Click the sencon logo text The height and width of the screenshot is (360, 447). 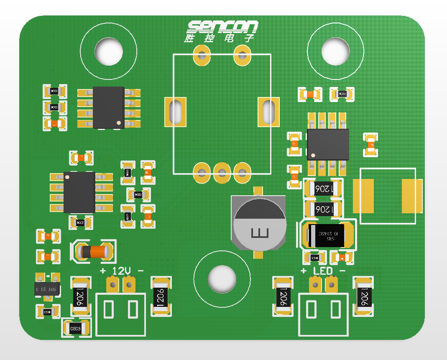point(222,27)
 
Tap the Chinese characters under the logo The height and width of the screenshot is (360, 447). point(219,38)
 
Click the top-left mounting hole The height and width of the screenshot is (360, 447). point(108,51)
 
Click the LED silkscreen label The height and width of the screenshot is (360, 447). point(323,271)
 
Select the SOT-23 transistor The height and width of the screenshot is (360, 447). point(46,289)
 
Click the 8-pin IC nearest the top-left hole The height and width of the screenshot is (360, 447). point(108,107)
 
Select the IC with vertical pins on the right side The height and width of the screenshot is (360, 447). point(328,144)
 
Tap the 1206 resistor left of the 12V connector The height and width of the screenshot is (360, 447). point(80,297)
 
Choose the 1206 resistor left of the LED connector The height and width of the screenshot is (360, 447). point(283,297)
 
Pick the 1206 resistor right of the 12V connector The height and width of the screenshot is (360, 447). point(161,297)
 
